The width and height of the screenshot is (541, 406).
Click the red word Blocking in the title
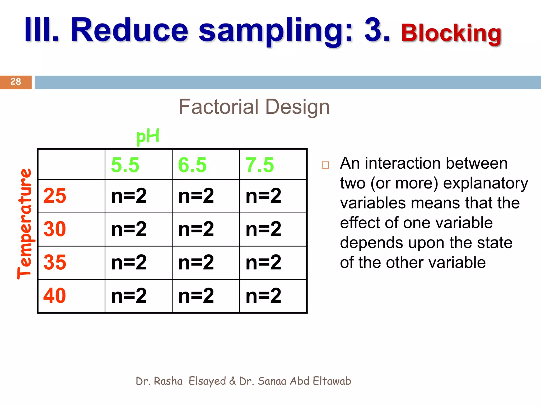(451, 34)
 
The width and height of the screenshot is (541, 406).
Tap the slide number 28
(16, 82)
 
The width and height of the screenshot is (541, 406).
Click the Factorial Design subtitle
(254, 107)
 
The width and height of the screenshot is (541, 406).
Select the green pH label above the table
(148, 136)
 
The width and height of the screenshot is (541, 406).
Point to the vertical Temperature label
(25, 224)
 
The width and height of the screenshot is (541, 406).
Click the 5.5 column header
(125, 165)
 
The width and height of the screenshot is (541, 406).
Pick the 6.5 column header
(192, 165)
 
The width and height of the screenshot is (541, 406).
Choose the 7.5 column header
(260, 165)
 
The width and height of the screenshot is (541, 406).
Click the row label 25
(55, 196)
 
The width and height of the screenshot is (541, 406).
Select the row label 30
(55, 229)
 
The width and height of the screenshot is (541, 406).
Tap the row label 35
(55, 262)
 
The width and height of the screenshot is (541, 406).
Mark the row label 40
(55, 296)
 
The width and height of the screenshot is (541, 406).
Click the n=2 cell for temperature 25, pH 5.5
(129, 196)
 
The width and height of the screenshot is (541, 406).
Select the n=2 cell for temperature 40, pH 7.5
(263, 296)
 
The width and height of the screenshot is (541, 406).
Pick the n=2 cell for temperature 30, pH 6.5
(196, 229)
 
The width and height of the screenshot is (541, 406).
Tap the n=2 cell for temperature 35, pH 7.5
(263, 262)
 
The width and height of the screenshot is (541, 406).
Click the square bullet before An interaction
(325, 165)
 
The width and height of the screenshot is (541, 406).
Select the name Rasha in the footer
(168, 381)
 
